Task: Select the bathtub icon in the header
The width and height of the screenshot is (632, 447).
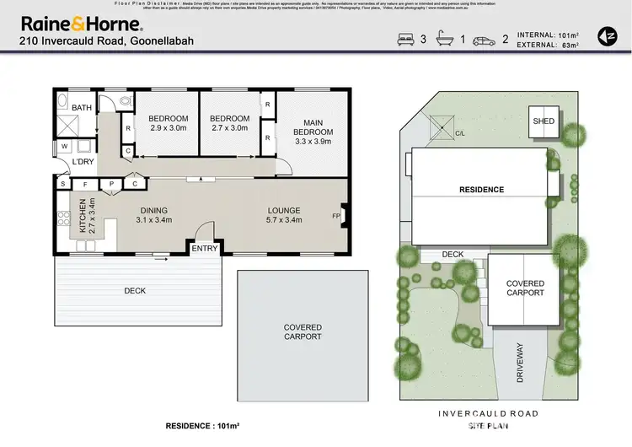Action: [443, 39]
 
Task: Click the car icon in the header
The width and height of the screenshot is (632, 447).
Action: [483, 39]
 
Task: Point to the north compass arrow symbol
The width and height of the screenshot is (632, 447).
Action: [606, 35]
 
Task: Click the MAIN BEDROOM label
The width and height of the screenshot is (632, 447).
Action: [313, 127]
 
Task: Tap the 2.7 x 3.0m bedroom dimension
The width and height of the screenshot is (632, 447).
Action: [229, 128]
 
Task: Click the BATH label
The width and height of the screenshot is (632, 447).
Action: [82, 108]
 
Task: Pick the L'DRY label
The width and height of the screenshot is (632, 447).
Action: [82, 161]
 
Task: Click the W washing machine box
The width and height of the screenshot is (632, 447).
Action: [64, 147]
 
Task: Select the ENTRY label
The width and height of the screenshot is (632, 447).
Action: [204, 248]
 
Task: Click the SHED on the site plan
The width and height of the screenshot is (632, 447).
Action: [544, 121]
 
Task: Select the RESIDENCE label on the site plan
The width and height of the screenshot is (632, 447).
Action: [482, 190]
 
